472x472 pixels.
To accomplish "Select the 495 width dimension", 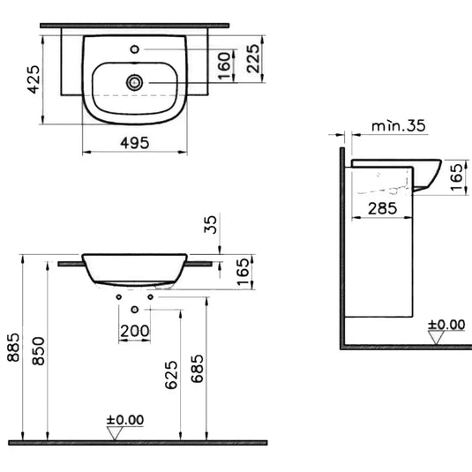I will [134, 141].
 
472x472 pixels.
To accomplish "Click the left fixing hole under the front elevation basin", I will [119, 297].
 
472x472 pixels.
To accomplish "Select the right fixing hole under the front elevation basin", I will [150, 297].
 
